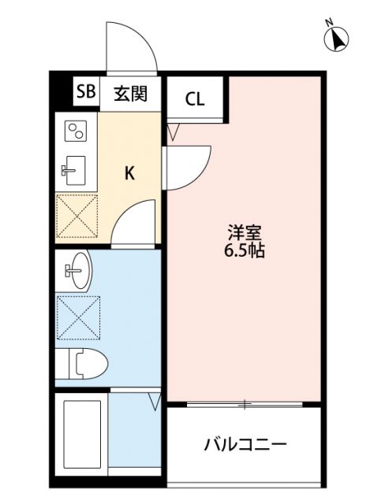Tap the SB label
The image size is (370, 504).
coord(85,93)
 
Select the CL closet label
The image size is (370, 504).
coord(195,100)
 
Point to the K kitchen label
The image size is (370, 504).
coord(130,173)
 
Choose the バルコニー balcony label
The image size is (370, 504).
coord(245,444)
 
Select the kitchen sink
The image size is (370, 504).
coord(76,168)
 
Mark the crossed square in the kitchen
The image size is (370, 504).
coord(77,215)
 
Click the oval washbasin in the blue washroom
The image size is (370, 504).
coord(79,272)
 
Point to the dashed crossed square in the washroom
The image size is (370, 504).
coord(78,317)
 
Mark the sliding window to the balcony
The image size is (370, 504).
coord(245,405)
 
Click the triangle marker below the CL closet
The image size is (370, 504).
coord(174,132)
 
